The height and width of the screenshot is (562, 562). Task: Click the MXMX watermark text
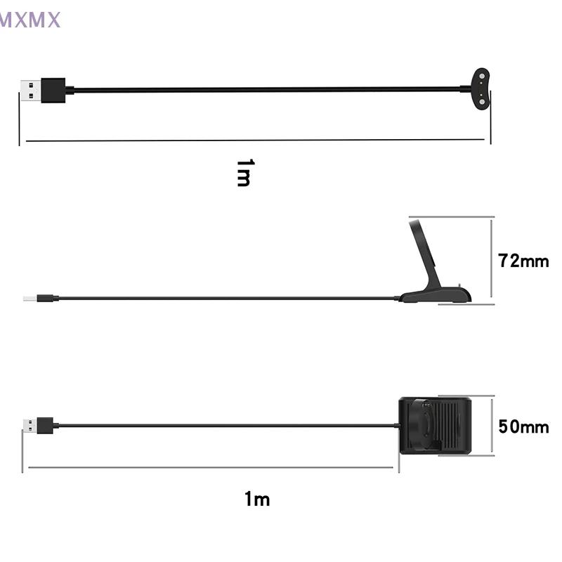click(30, 20)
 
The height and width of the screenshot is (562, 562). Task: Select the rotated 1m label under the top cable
click(243, 172)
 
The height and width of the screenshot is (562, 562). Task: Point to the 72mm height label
click(523, 261)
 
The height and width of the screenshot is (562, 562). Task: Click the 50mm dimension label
click(523, 426)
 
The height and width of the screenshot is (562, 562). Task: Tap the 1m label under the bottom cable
click(257, 499)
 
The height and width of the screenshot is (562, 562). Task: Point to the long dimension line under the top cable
click(253, 139)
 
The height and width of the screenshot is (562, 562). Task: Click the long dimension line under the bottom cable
click(211, 466)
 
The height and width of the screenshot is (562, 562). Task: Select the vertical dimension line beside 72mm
click(494, 261)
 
